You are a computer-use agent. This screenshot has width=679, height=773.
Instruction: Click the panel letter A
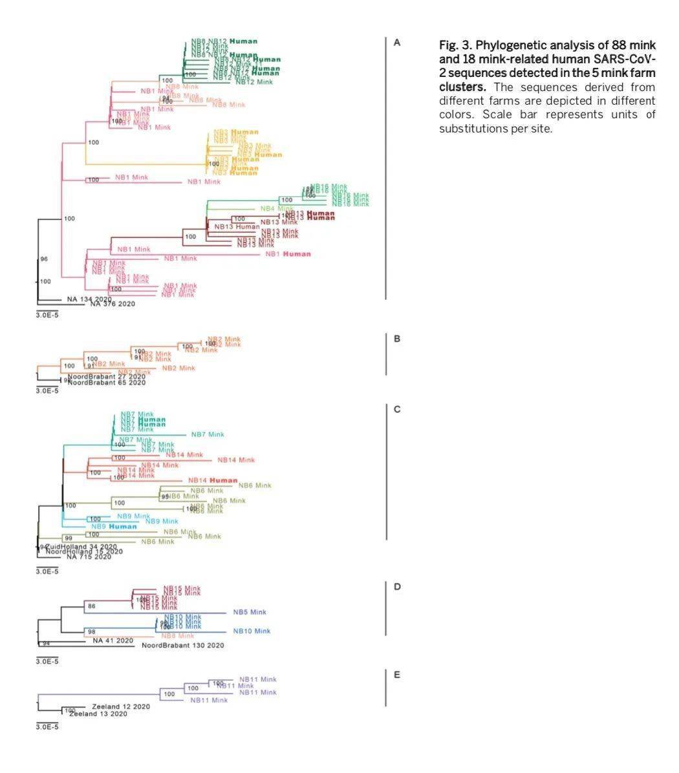click(x=397, y=43)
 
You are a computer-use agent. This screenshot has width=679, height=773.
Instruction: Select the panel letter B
click(x=397, y=339)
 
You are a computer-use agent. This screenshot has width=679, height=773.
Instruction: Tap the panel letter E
click(x=397, y=675)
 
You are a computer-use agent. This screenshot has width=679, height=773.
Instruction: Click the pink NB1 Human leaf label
click(x=288, y=254)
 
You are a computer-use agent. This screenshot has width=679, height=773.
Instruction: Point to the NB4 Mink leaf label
click(x=277, y=209)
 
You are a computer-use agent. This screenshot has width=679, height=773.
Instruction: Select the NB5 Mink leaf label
click(x=250, y=612)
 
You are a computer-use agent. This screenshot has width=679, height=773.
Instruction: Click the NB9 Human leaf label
click(x=114, y=527)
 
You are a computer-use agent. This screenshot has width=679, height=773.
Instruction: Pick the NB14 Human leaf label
click(x=213, y=481)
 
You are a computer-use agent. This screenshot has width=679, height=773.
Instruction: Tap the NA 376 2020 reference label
click(x=113, y=304)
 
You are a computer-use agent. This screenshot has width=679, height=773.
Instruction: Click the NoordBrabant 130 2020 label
click(x=183, y=646)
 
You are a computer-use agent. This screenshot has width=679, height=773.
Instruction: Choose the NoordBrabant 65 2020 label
click(x=107, y=383)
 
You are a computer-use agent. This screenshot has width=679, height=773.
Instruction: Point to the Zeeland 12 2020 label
click(x=121, y=706)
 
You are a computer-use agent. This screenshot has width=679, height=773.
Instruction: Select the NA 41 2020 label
click(x=113, y=641)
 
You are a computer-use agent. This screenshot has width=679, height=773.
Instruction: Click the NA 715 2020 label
click(x=89, y=557)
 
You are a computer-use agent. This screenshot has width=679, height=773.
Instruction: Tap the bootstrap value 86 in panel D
click(x=92, y=607)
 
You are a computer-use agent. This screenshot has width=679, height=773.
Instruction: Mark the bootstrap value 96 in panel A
click(x=44, y=259)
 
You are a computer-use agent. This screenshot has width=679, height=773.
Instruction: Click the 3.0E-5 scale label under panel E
click(x=47, y=727)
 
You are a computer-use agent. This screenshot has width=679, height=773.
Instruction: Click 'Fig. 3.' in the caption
click(x=456, y=45)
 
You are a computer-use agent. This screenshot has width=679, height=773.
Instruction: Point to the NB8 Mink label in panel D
click(x=178, y=636)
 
